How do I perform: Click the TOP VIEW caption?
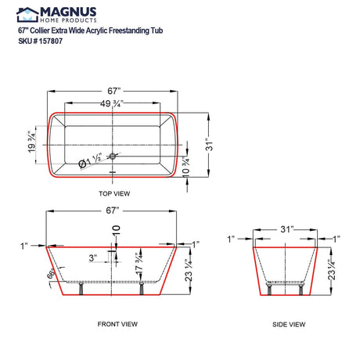[x=115, y=192]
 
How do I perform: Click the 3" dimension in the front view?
[x=92, y=257]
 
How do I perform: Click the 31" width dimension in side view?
[x=287, y=229]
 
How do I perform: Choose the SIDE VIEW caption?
[x=287, y=323]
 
